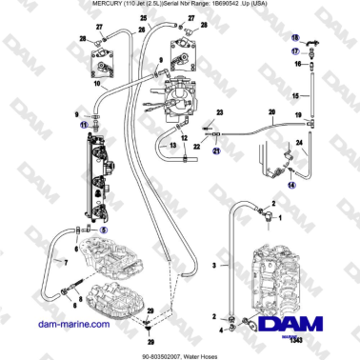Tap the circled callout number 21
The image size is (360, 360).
click(216, 150)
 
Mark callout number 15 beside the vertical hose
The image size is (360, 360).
click(296, 96)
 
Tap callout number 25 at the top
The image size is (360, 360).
click(144, 19)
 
